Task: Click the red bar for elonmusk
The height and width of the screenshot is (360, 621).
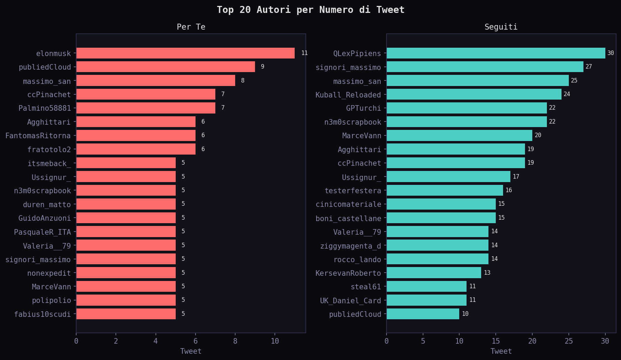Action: tap(185, 53)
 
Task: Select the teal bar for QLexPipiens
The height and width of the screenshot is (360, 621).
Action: tap(496, 53)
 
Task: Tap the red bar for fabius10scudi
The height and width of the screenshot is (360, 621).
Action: tap(126, 314)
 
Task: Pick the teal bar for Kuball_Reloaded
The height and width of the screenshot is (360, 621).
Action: tap(474, 94)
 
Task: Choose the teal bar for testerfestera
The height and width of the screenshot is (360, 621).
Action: tap(445, 190)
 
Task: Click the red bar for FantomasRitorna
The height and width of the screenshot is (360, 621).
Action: tap(136, 135)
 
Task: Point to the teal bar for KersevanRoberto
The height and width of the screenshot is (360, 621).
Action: tap(434, 273)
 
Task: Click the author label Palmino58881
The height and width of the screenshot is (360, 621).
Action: tap(45, 108)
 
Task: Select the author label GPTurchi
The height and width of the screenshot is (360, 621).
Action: tap(364, 108)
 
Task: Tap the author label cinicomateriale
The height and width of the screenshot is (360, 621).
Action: tap(348, 204)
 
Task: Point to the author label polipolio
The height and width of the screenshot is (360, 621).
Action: tap(51, 300)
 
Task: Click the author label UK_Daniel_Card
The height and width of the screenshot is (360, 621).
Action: tap(350, 300)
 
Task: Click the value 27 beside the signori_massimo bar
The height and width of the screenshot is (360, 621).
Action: tap(589, 66)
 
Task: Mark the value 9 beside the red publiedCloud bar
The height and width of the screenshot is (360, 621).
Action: tap(262, 66)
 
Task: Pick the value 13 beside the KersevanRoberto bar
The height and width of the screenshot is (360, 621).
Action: tap(487, 273)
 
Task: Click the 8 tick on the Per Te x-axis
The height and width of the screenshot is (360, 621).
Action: tap(235, 341)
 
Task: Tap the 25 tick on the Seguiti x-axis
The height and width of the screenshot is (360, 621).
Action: tap(569, 341)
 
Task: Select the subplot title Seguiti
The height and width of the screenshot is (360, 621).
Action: tap(501, 27)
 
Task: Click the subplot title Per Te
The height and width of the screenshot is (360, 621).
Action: tap(191, 27)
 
